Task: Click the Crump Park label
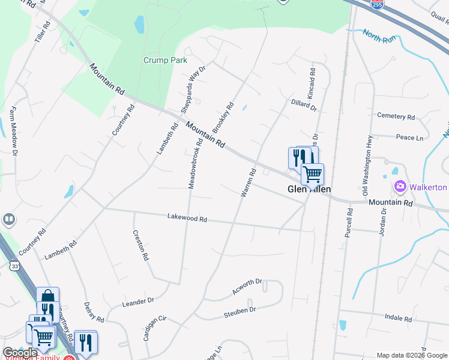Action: (166, 60)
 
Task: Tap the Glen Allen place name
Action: (310, 190)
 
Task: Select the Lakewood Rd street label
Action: (187, 219)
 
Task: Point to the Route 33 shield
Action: (15, 264)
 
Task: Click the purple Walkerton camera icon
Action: (400, 187)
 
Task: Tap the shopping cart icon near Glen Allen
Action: (312, 175)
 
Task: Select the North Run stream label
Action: (380, 37)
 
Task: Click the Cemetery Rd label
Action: (396, 116)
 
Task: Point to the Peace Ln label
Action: (410, 137)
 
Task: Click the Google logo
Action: (20, 353)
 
